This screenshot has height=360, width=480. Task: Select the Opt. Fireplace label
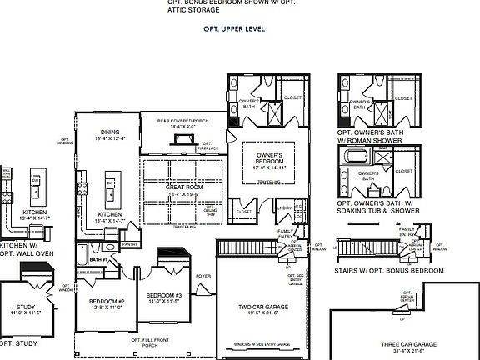(x=206, y=146)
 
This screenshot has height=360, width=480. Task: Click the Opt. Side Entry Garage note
(x=295, y=281)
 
